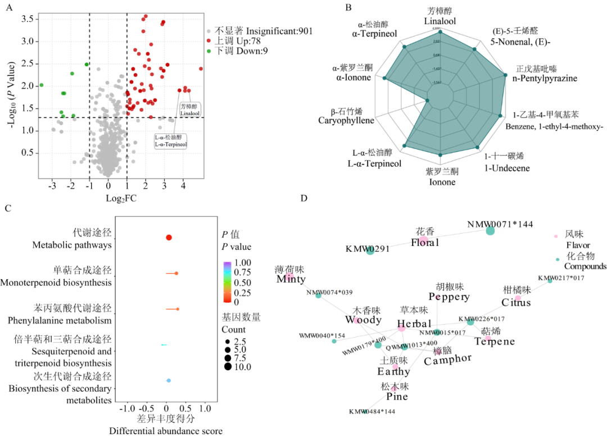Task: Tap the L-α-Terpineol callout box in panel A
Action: pos(171,140)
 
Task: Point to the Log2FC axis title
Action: pos(121,198)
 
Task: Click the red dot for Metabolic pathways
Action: pos(169,238)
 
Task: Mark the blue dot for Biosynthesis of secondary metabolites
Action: pos(169,381)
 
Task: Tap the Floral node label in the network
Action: pos(424,243)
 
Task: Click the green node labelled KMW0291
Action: pos(370,251)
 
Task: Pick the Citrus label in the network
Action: pos(516,302)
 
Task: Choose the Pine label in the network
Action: pos(397,397)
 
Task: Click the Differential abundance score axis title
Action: pos(166,431)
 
